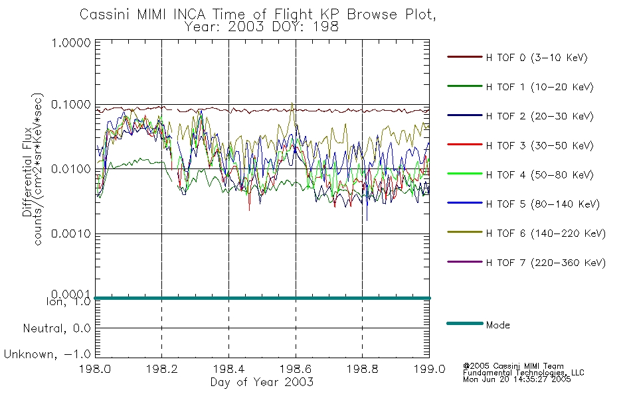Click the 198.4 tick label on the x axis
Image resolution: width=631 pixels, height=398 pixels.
(x=228, y=369)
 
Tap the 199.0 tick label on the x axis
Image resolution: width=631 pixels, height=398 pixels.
(x=429, y=369)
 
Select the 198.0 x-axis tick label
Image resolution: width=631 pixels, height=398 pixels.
(x=95, y=369)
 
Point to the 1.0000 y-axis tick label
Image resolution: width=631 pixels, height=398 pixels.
(x=71, y=42)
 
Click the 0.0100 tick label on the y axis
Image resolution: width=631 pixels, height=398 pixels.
(x=71, y=169)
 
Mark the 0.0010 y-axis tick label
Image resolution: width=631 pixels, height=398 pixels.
(x=71, y=233)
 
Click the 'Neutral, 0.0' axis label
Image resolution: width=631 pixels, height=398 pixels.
(x=56, y=328)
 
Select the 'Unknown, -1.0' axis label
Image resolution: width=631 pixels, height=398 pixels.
(x=47, y=354)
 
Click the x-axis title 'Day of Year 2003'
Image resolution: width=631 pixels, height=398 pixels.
(x=262, y=381)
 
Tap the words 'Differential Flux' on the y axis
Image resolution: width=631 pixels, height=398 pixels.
(x=27, y=172)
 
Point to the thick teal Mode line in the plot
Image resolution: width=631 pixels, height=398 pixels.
(x=262, y=298)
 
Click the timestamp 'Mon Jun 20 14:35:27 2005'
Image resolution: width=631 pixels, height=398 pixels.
(x=517, y=379)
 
